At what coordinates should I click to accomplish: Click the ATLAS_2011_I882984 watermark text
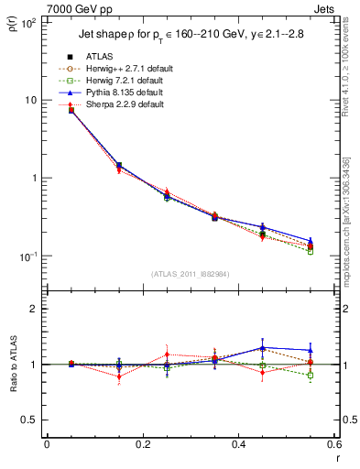(191, 274)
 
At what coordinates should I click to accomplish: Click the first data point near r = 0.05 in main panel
(71, 110)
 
